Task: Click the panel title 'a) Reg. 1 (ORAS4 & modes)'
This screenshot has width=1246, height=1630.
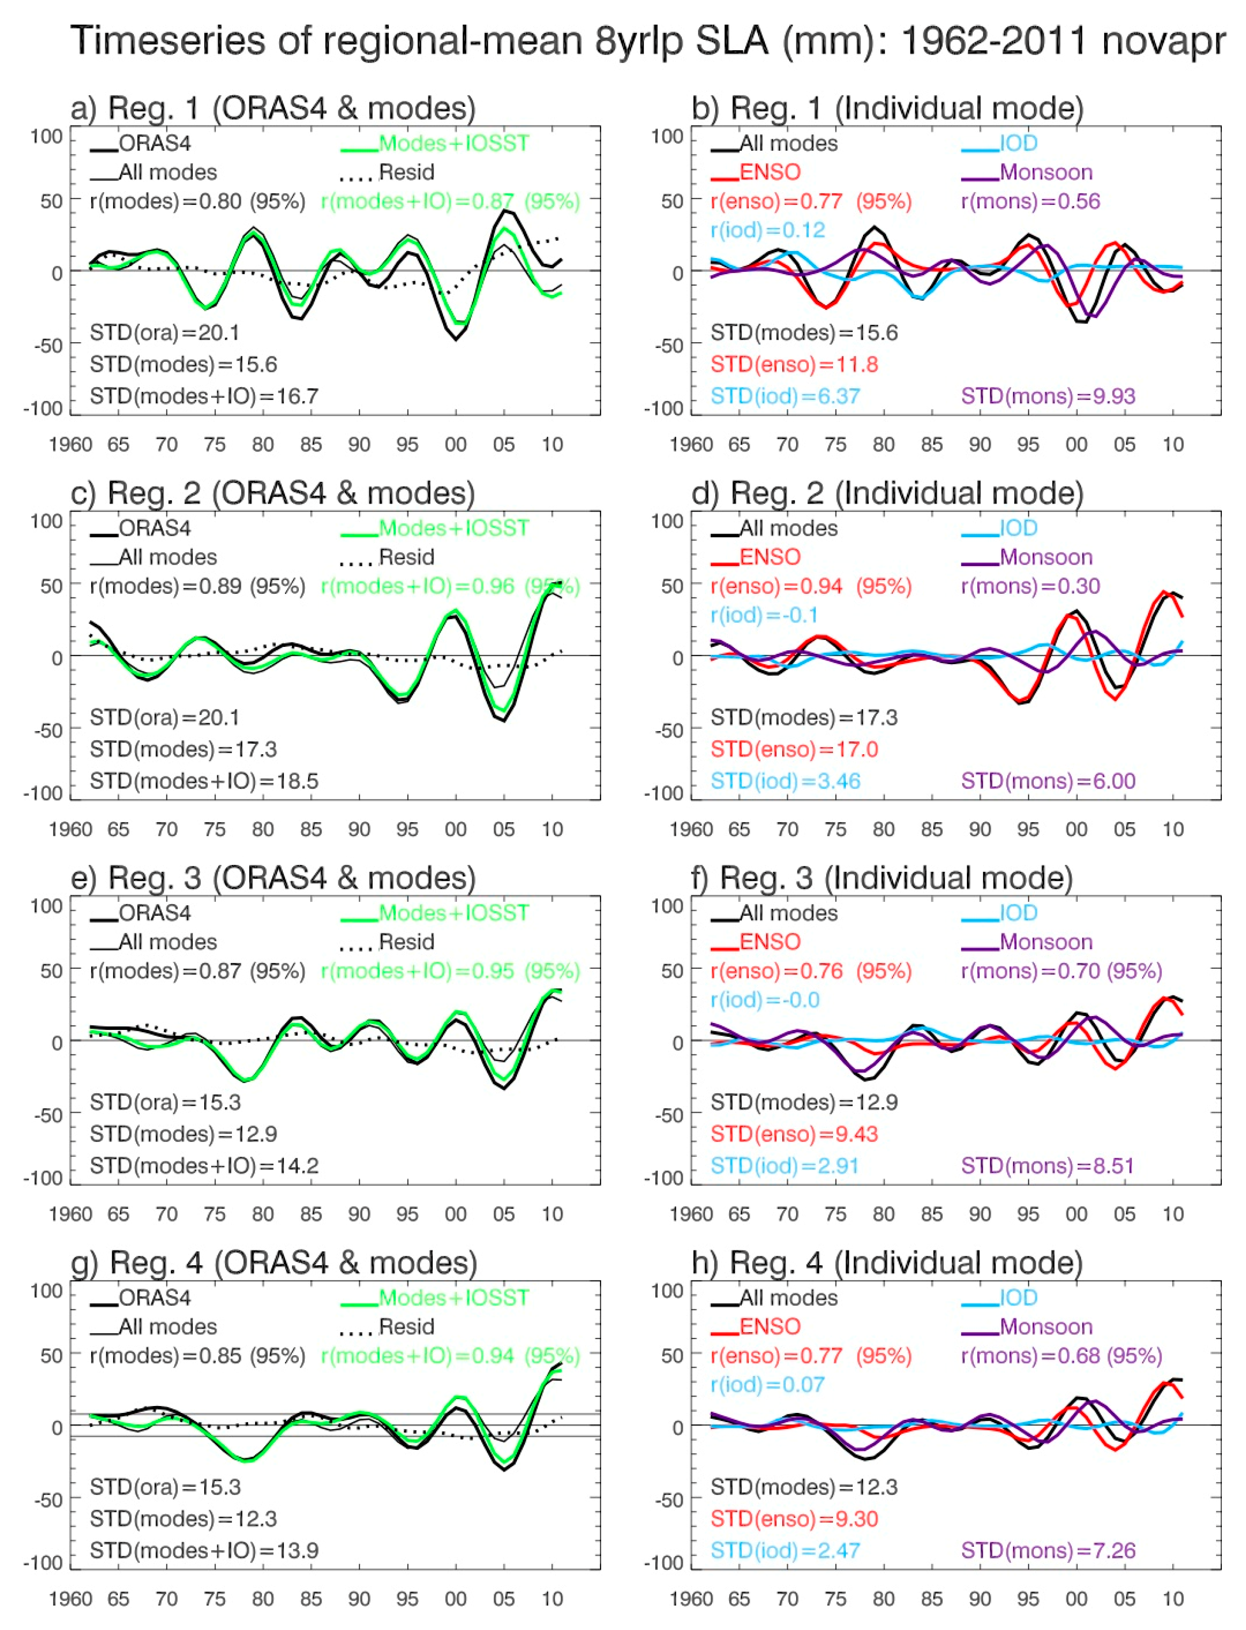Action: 273,108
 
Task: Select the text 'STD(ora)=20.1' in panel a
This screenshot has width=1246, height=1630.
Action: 164,333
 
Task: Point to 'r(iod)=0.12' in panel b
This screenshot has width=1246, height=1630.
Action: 767,230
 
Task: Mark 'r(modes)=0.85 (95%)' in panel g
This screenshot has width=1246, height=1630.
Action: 197,1356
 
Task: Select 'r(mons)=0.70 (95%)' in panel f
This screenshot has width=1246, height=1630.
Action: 1061,971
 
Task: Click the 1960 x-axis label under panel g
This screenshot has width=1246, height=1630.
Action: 70,1599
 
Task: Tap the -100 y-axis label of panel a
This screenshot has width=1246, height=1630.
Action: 43,408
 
